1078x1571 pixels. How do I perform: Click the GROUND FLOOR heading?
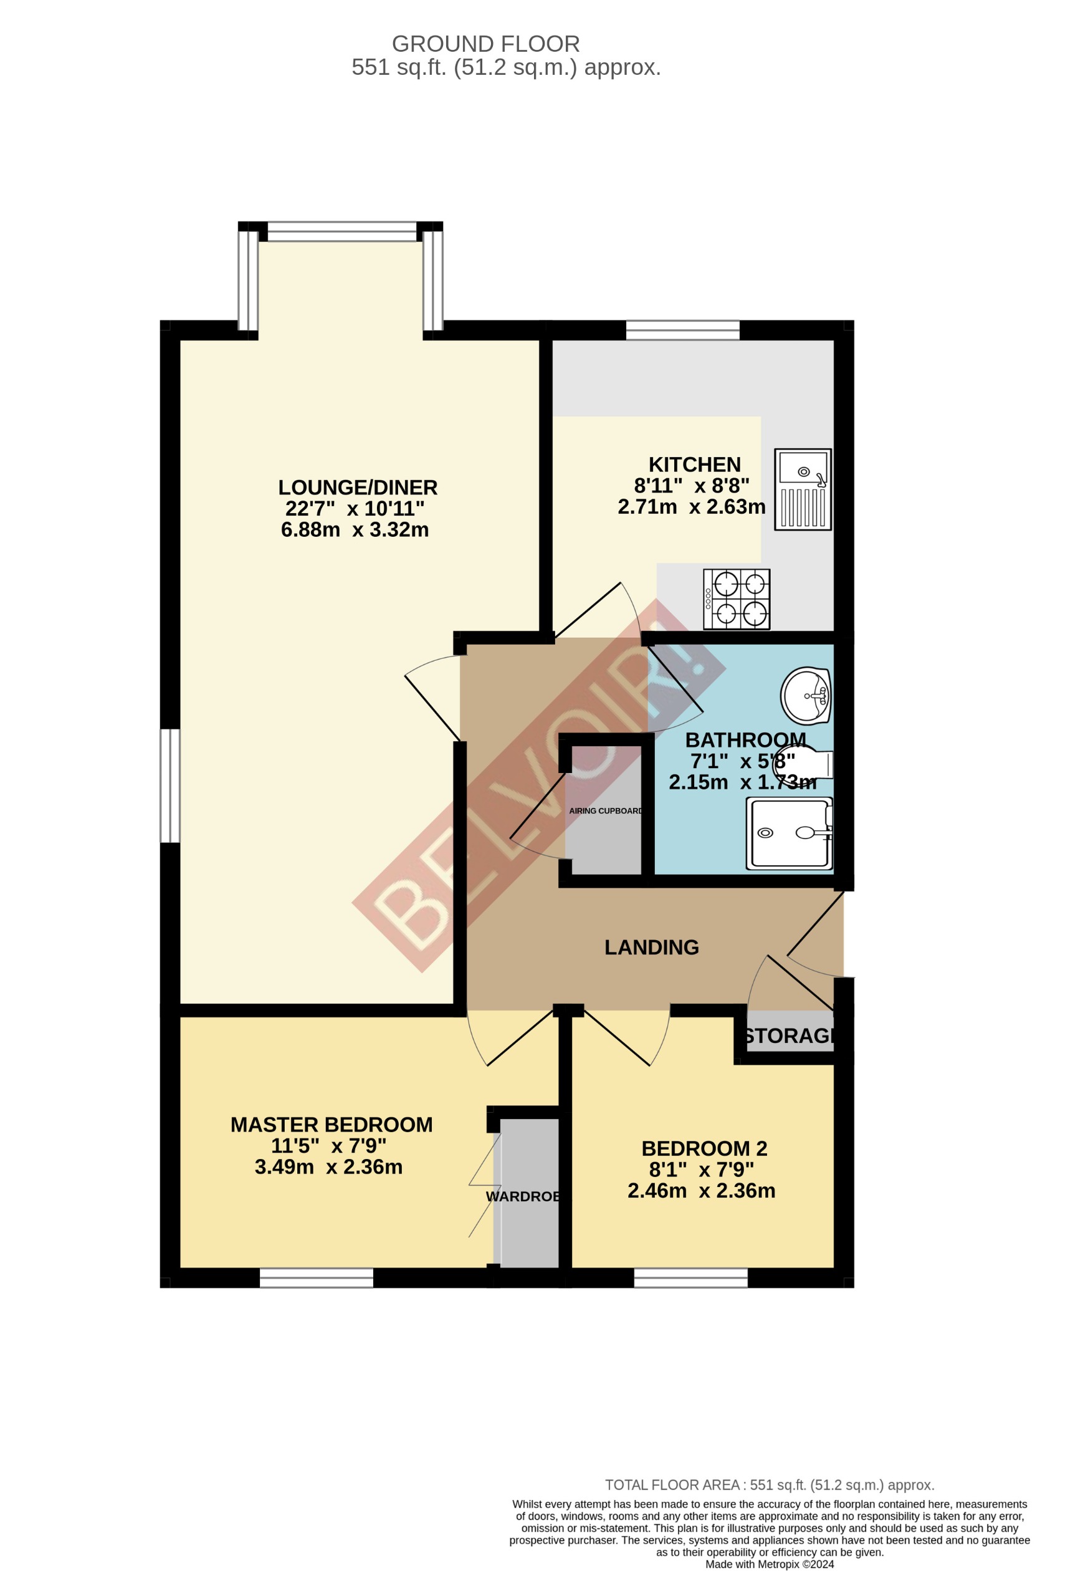tap(485, 44)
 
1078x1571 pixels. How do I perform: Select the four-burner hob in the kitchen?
tap(736, 599)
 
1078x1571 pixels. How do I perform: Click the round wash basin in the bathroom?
tap(805, 696)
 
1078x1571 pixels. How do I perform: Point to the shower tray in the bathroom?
tap(789, 833)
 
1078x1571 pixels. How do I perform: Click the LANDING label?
tap(651, 947)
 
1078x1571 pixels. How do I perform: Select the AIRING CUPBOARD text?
tap(605, 810)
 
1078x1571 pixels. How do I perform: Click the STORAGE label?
tap(789, 1035)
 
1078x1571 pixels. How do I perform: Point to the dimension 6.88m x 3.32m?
tap(355, 529)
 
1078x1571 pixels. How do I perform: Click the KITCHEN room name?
tap(694, 464)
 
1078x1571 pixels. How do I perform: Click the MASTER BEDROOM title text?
tap(331, 1124)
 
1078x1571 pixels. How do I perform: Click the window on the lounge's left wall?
tap(169, 785)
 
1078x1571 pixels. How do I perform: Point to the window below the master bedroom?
tap(317, 1277)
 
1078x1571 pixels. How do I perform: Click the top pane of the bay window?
tap(342, 232)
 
